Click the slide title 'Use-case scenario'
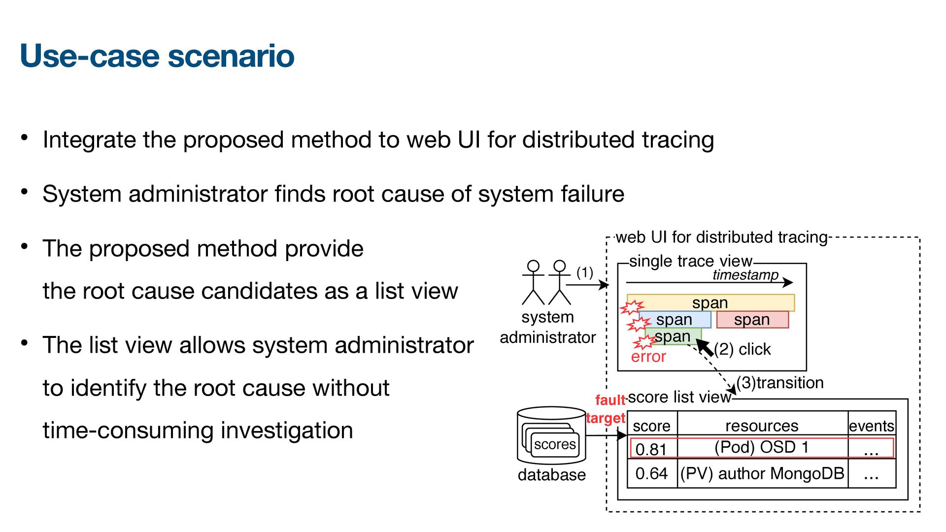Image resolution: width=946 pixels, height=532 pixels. click(x=157, y=56)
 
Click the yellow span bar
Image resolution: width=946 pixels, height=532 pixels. click(x=710, y=302)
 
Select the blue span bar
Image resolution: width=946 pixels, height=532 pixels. click(x=675, y=320)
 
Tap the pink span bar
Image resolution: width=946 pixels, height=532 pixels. click(x=752, y=320)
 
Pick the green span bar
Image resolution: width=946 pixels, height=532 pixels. click(x=673, y=336)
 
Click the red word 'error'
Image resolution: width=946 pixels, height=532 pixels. click(x=648, y=356)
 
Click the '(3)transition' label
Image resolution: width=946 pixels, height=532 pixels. click(x=780, y=383)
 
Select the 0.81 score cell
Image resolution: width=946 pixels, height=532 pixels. click(x=651, y=449)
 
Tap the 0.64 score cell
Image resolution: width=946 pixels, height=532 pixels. click(x=651, y=474)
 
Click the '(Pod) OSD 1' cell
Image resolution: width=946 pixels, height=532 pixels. click(x=762, y=447)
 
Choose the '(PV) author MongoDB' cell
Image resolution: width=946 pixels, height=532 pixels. click(x=762, y=474)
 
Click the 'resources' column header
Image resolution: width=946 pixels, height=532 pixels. click(x=762, y=426)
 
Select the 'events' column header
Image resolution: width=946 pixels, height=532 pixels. click(x=871, y=426)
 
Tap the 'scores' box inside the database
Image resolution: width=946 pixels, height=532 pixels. click(x=555, y=444)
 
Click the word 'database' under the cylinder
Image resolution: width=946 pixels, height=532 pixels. click(x=551, y=475)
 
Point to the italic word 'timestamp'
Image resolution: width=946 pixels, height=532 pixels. click(x=745, y=275)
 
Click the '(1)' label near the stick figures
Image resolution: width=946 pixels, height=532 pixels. click(x=585, y=272)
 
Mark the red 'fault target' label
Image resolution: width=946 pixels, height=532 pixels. click(x=608, y=409)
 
